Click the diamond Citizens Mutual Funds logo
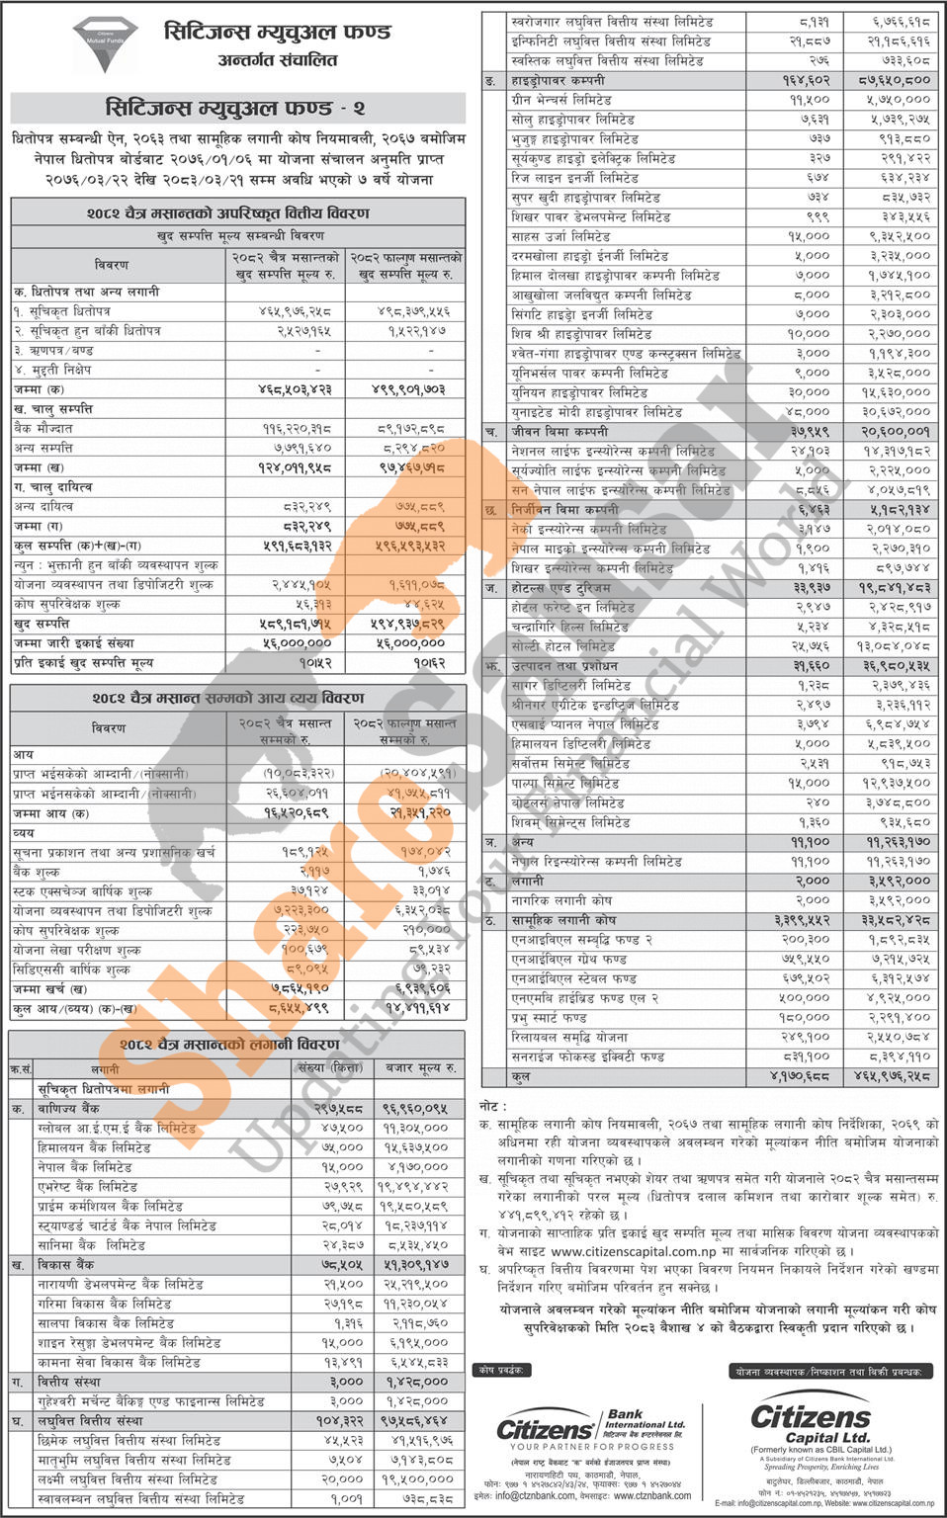(x=103, y=44)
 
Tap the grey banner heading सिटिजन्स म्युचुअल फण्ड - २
(x=236, y=108)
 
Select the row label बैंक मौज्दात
(x=43, y=428)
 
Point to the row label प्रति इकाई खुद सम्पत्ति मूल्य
(x=83, y=663)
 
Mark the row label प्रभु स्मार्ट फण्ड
(x=549, y=1017)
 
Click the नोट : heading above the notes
(x=494, y=1107)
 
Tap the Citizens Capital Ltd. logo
(x=811, y=1423)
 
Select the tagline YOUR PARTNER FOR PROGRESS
(x=592, y=1447)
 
